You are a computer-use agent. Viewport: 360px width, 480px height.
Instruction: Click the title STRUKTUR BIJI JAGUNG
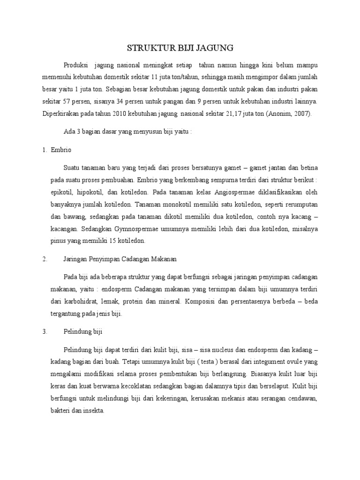point(180,48)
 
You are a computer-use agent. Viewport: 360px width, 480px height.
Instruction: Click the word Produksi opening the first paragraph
point(76,64)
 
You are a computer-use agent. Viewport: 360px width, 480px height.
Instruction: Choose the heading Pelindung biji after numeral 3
point(82,331)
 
